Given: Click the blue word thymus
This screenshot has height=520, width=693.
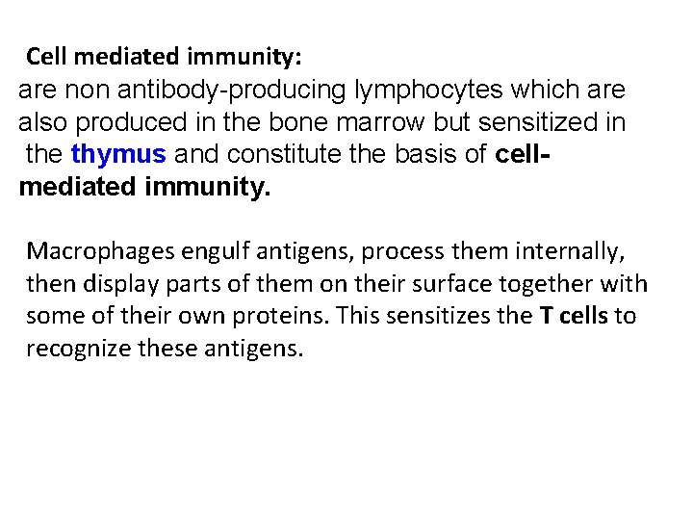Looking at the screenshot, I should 118,154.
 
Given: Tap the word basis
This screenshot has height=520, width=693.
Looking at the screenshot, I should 437,154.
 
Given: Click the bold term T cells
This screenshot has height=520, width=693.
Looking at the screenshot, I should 574,316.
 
